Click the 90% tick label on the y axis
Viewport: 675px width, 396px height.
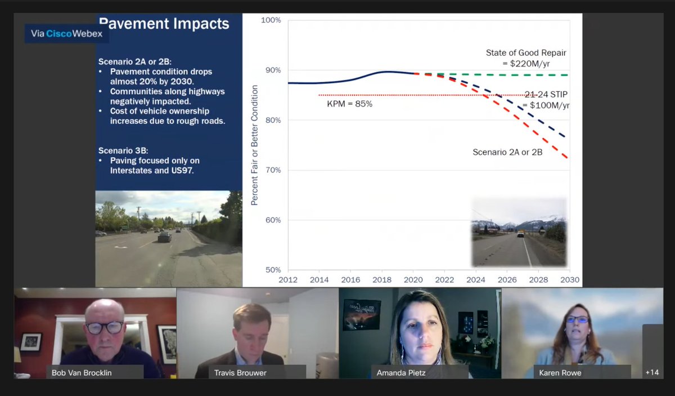pyautogui.click(x=271, y=70)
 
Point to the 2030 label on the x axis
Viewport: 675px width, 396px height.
pyautogui.click(x=569, y=279)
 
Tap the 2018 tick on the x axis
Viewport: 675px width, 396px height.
pyautogui.click(x=382, y=279)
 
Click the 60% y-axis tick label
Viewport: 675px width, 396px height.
pyautogui.click(x=271, y=220)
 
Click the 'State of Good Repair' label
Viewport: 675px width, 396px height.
pyautogui.click(x=526, y=53)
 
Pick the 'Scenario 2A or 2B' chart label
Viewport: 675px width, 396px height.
pyautogui.click(x=507, y=152)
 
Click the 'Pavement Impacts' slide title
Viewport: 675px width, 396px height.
pyautogui.click(x=164, y=24)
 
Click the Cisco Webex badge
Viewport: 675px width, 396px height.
pyautogui.click(x=66, y=33)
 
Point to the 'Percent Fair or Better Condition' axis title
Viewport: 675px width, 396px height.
pyautogui.click(x=255, y=145)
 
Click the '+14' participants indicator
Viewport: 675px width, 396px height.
pyautogui.click(x=652, y=372)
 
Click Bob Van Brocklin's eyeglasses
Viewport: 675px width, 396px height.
pyautogui.click(x=104, y=327)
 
